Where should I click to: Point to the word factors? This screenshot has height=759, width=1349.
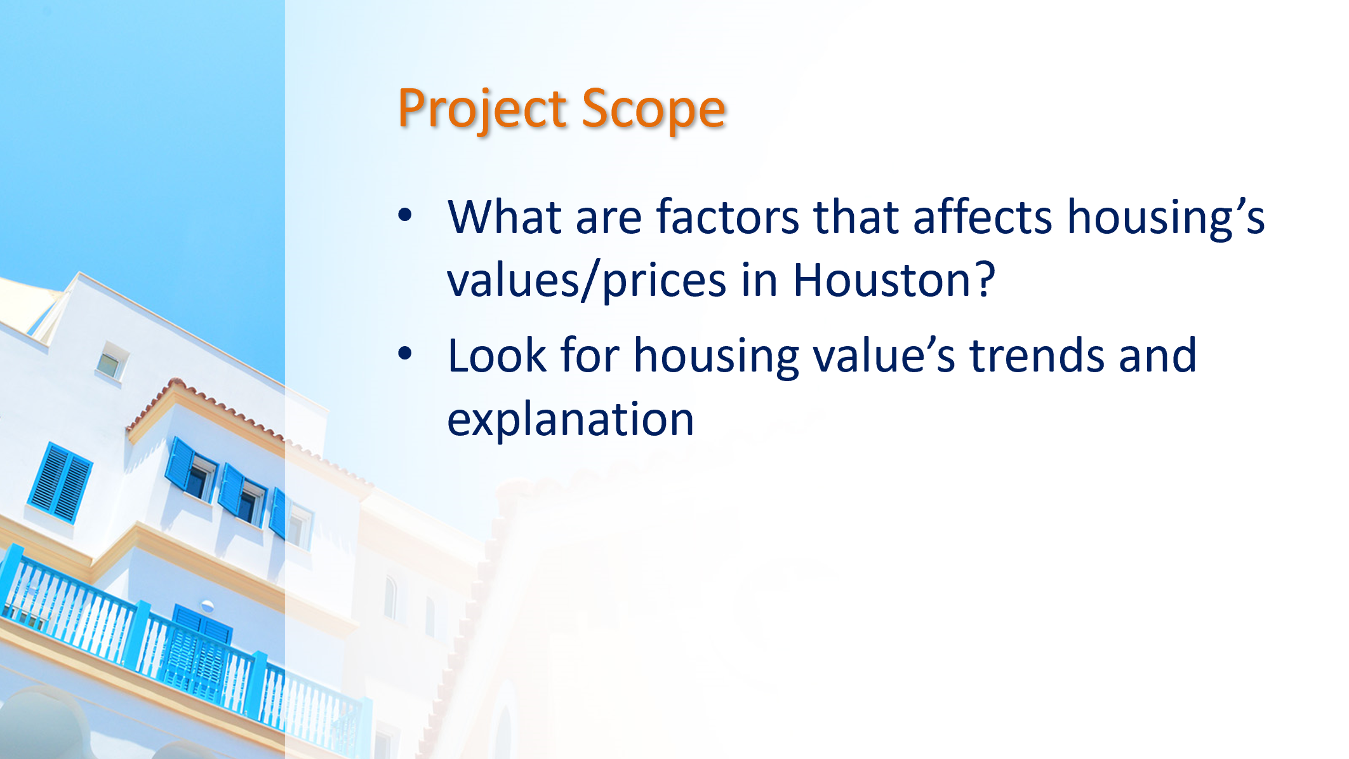[x=728, y=217]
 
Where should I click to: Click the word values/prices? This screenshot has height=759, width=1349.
[x=587, y=280]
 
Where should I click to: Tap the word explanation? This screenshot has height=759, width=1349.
[x=571, y=419]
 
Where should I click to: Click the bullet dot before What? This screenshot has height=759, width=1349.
[x=405, y=215]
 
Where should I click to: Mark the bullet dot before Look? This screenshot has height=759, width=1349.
[x=405, y=354]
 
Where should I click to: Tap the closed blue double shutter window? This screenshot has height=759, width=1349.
[x=60, y=483]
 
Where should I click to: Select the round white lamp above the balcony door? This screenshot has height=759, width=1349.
[x=207, y=605]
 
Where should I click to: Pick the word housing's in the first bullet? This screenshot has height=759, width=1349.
[x=1166, y=217]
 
